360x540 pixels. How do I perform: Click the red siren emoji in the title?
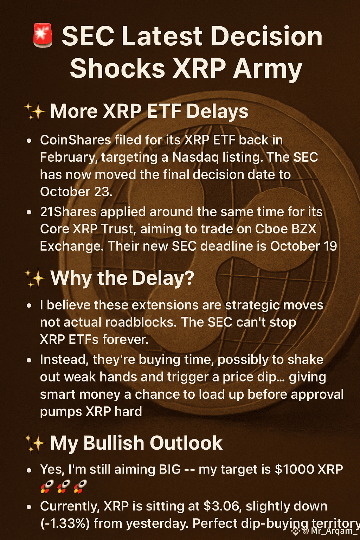coord(43,35)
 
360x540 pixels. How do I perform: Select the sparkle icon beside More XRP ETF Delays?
coord(35,111)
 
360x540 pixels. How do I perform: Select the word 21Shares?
coord(68,212)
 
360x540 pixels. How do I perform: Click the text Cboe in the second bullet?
coord(271,229)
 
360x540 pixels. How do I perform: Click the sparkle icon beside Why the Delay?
coord(35,278)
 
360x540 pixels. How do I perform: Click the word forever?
coord(126,339)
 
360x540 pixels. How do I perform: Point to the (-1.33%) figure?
coord(65,523)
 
